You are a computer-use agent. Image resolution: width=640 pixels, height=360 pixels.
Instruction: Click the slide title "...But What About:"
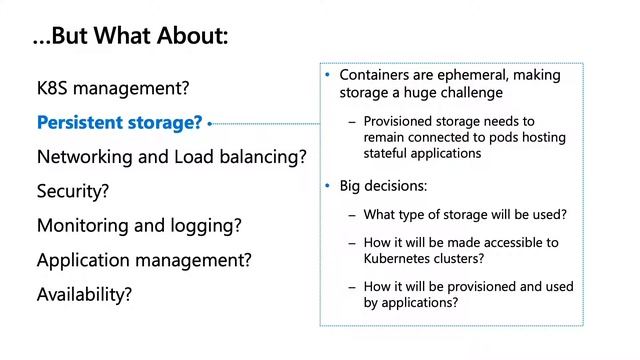coord(130,37)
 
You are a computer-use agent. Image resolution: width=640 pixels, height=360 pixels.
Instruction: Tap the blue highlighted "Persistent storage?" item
coord(119,123)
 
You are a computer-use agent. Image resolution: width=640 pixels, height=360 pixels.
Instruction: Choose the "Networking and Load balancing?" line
coord(171,157)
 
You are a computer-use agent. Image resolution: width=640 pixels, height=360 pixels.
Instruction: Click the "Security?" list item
coord(73,190)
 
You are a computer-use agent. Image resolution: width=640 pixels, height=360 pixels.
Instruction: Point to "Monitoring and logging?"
coord(139,225)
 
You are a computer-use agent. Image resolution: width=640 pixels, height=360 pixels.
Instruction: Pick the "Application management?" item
coord(144,260)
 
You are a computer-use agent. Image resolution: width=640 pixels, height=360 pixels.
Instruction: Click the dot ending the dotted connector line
coord(212,124)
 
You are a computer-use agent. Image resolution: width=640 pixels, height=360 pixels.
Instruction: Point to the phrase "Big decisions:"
coord(385,186)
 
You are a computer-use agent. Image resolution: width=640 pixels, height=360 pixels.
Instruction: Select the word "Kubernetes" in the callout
coord(402,258)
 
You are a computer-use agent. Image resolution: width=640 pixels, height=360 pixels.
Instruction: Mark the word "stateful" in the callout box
coord(388,154)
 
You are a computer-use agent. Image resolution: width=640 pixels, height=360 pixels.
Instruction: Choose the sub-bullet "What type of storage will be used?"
coord(466,214)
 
